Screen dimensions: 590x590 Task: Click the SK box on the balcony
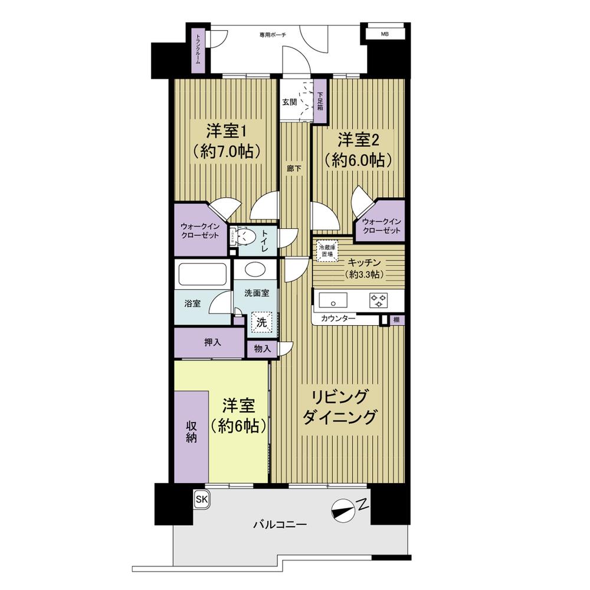click(x=202, y=500)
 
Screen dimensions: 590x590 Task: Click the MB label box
click(x=385, y=34)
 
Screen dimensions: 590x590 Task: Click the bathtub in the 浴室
click(x=201, y=275)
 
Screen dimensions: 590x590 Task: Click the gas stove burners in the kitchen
click(x=378, y=300)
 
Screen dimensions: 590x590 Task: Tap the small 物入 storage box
click(x=262, y=348)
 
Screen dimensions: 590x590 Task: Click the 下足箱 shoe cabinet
click(x=320, y=101)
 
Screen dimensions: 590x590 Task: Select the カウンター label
click(x=338, y=319)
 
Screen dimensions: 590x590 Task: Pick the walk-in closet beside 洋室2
click(x=381, y=225)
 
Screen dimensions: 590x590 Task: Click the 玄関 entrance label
click(x=289, y=101)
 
